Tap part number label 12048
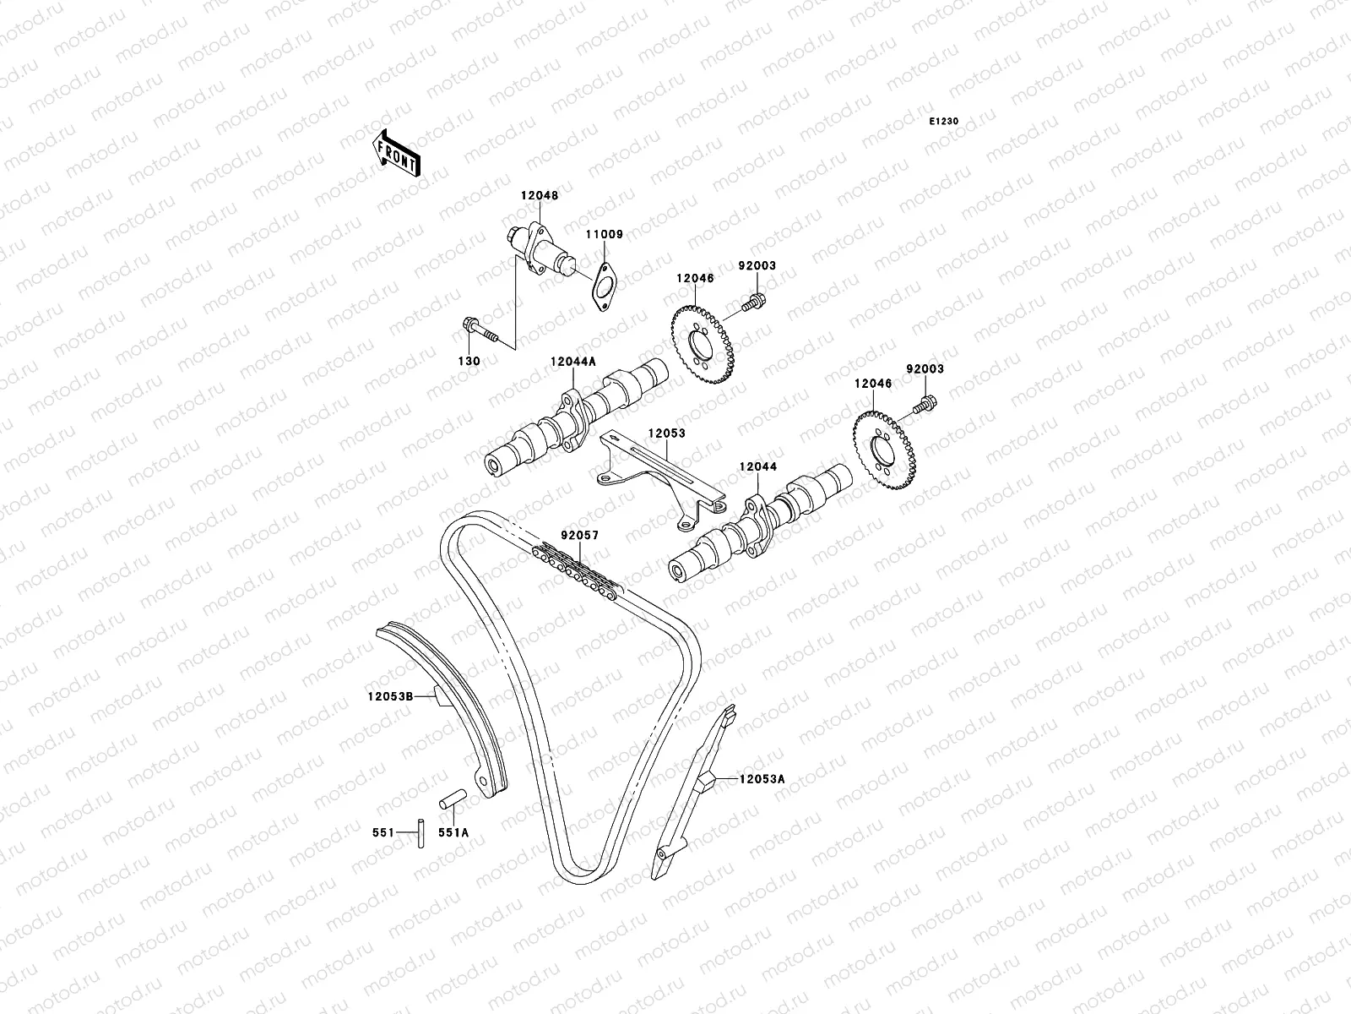pyautogui.click(x=539, y=196)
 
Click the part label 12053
pyautogui.click(x=666, y=433)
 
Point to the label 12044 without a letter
pyautogui.click(x=757, y=466)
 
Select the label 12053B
pyautogui.click(x=389, y=697)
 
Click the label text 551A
pyautogui.click(x=453, y=832)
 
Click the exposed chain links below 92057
pyautogui.click(x=574, y=570)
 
